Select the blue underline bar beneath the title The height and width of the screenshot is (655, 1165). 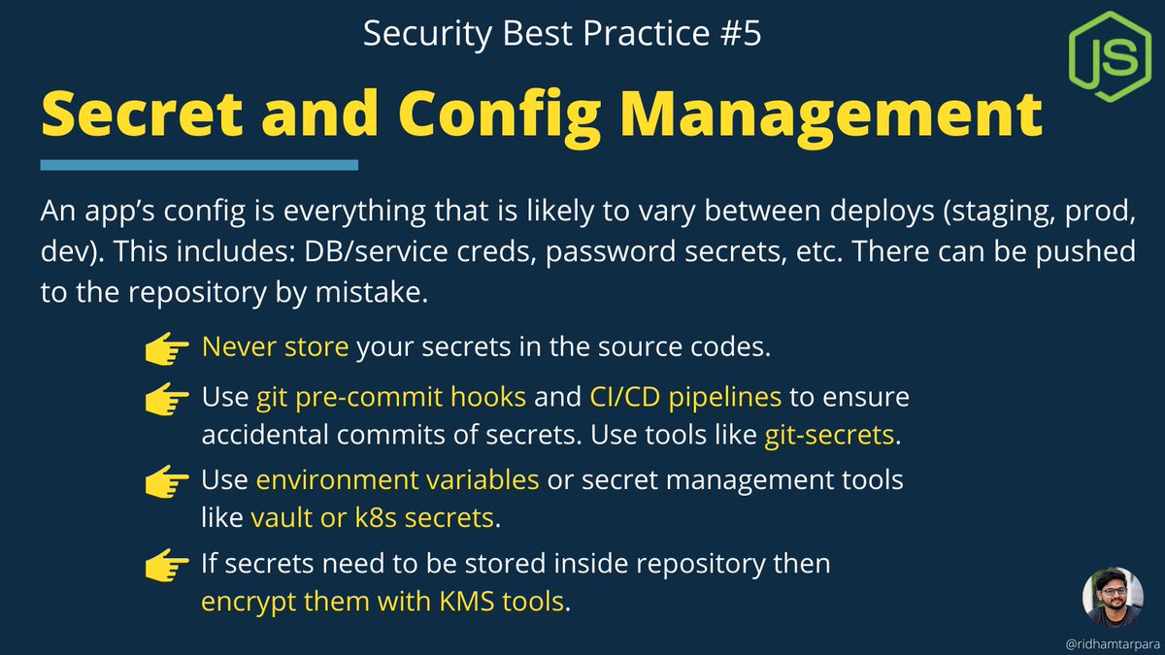tap(198, 166)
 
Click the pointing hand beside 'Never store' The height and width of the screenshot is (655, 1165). tap(167, 348)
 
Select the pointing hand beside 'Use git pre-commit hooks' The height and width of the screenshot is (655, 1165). tap(167, 399)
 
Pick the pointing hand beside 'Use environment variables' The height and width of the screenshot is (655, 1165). tap(167, 480)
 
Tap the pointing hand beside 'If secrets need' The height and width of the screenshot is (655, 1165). tap(167, 564)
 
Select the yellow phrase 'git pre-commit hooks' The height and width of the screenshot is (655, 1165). tap(392, 397)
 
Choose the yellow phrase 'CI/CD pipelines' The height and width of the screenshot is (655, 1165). tap(685, 397)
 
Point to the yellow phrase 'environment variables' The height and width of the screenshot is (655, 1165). tap(398, 479)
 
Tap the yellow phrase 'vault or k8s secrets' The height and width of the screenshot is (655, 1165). tap(372, 518)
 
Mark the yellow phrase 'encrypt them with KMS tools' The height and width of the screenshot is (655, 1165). tap(383, 602)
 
